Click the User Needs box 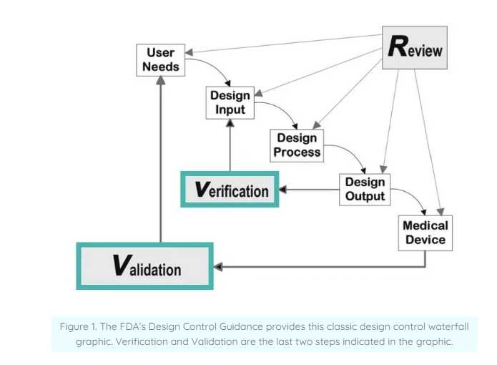(x=160, y=60)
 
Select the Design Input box (x=230, y=102)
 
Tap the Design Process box (x=297, y=145)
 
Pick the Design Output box (x=365, y=188)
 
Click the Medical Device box (x=425, y=232)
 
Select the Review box (x=414, y=48)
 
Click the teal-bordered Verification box (x=230, y=190)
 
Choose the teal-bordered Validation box (x=144, y=266)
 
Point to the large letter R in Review (x=397, y=47)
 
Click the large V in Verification (x=202, y=189)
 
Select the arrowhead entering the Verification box (x=283, y=190)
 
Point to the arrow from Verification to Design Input (x=230, y=147)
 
